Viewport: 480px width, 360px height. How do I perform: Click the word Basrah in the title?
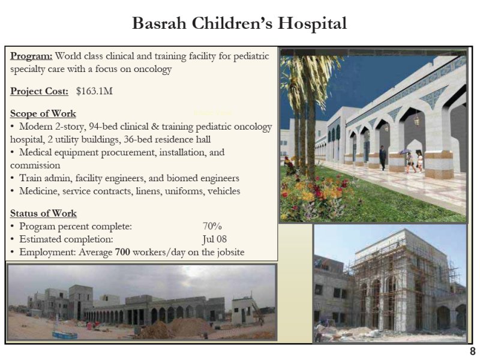[x=159, y=23]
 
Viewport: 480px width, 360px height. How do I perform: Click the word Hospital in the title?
[x=312, y=24]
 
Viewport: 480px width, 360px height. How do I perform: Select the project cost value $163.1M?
[x=94, y=91]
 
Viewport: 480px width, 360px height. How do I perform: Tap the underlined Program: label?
[x=31, y=56]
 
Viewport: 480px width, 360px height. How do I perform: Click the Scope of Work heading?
[x=43, y=113]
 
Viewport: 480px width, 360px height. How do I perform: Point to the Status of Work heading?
[x=43, y=213]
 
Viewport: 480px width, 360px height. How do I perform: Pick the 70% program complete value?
[x=212, y=226]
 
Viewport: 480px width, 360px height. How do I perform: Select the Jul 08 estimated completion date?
[x=214, y=239]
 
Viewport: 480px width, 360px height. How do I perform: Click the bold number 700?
[x=122, y=252]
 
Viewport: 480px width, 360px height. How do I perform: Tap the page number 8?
[x=473, y=351]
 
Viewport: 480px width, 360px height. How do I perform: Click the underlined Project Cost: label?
[x=39, y=91]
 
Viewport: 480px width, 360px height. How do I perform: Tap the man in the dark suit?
[x=383, y=157]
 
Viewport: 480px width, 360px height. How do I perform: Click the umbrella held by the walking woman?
[x=405, y=151]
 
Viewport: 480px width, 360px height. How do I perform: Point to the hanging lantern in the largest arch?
[x=416, y=119]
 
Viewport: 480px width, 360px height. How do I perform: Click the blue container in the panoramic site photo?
[x=65, y=335]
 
